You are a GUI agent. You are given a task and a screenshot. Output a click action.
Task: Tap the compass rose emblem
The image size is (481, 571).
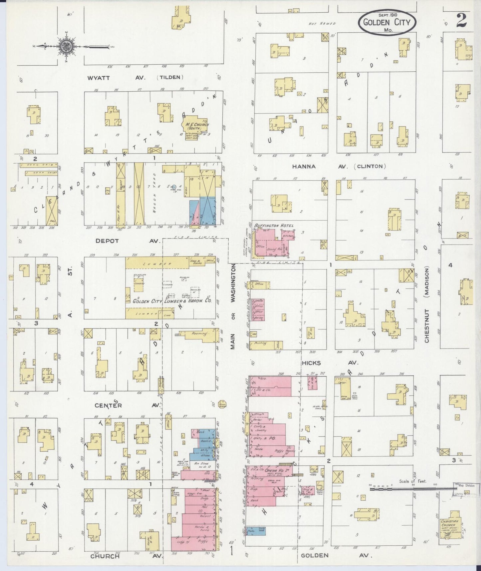(65, 47)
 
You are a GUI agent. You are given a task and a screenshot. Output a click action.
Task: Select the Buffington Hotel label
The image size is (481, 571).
(274, 226)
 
